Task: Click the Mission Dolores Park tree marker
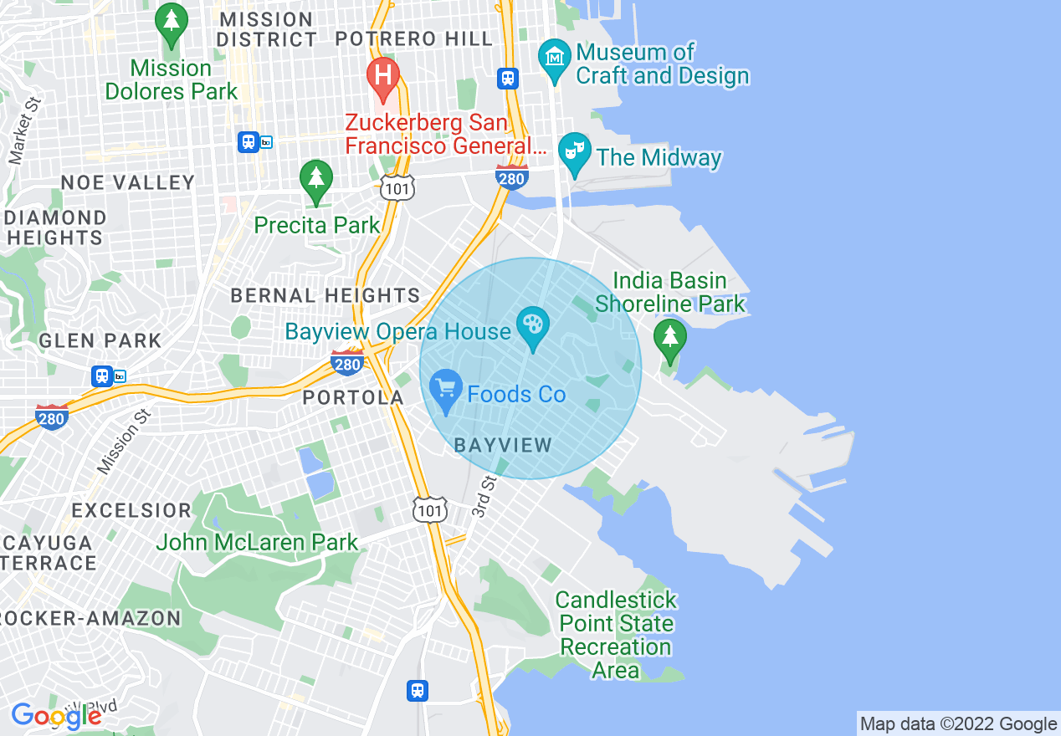[x=172, y=26]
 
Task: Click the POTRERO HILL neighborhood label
[x=414, y=38]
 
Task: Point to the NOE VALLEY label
[x=128, y=182]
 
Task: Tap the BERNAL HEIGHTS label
[x=325, y=295]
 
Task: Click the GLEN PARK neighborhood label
[x=100, y=340]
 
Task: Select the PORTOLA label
[x=353, y=398]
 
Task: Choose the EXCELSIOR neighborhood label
[x=131, y=510]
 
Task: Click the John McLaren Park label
[x=257, y=543]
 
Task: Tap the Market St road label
[x=24, y=130]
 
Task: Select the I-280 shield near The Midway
[x=510, y=177]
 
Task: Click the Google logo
[x=56, y=716]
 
